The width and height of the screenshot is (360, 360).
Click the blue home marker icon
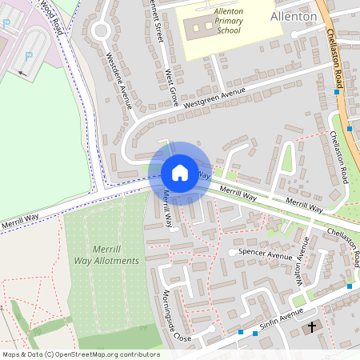(x=180, y=173)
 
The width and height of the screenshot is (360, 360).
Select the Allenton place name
(x=294, y=15)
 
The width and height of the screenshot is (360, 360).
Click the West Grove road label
(x=172, y=88)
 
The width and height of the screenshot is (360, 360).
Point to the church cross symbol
(x=312, y=326)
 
